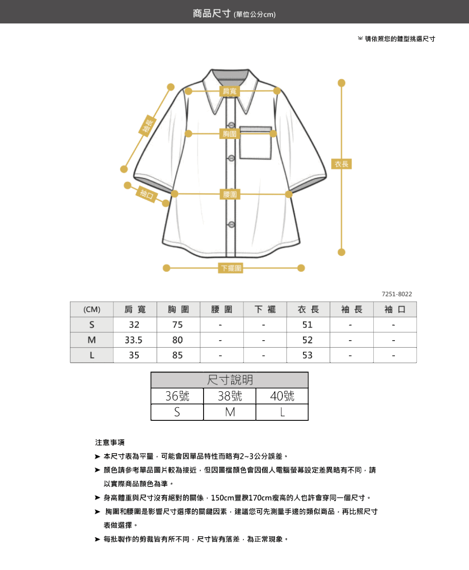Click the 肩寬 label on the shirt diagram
pos(229,91)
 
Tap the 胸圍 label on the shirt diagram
pos(229,134)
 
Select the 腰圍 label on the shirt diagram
pos(230,194)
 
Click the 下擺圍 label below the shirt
pos(231,268)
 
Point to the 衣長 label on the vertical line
pos(341,164)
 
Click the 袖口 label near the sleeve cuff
pos(147,194)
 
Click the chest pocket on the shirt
pos(255,143)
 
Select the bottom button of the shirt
pos(232,224)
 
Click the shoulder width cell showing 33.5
pos(134,340)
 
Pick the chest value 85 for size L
pos(177,355)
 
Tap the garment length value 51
pos(308,324)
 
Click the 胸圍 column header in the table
pos(178,309)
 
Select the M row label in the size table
pos(91,340)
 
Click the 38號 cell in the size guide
pos(230,396)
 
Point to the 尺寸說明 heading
pos(230,380)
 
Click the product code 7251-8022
pos(397,294)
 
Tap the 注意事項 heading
pos(110,442)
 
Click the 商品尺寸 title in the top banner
pos(212,13)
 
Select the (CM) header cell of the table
pos(91,309)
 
